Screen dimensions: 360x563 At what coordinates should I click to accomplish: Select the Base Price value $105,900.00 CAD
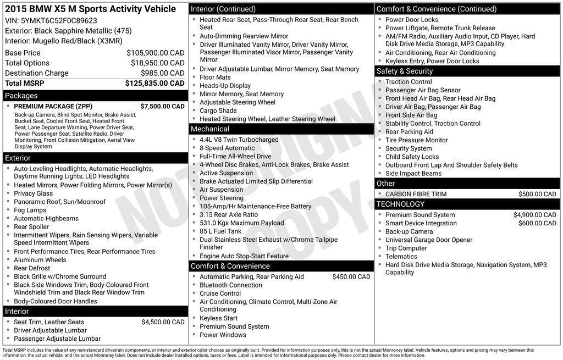(x=156, y=53)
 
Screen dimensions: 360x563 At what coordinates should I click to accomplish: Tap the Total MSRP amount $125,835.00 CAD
(x=155, y=84)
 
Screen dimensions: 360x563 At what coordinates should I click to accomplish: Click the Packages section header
(x=21, y=96)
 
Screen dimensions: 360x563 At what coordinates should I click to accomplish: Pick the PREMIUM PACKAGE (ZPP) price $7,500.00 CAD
(x=162, y=106)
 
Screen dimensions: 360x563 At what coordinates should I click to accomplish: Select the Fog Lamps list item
(x=30, y=210)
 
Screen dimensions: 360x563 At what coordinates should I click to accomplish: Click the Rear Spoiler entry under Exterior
(x=31, y=226)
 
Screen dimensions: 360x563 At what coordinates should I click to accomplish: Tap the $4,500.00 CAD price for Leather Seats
(x=163, y=322)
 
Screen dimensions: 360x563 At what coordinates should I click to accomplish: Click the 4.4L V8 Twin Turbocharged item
(x=239, y=140)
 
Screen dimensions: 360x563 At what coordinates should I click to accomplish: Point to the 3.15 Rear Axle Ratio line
(x=229, y=214)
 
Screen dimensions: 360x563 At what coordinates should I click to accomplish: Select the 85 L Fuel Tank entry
(x=220, y=231)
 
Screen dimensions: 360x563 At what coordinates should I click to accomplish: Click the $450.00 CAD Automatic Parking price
(x=351, y=277)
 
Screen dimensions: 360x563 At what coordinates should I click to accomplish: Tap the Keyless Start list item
(x=218, y=318)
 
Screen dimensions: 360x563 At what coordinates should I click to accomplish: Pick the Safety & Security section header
(x=405, y=71)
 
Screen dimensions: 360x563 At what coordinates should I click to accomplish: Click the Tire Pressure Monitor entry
(x=417, y=140)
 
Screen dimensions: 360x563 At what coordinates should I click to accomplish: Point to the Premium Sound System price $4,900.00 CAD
(x=534, y=215)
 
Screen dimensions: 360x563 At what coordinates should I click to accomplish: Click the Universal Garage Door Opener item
(x=429, y=240)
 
